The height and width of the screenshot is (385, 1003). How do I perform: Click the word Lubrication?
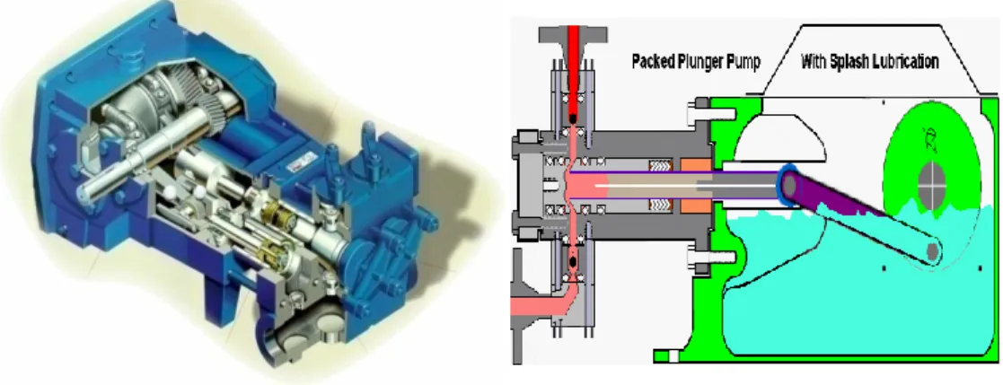[906, 61]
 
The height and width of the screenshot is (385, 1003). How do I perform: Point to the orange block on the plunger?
[694, 186]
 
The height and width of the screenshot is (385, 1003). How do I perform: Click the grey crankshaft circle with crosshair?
[930, 185]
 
